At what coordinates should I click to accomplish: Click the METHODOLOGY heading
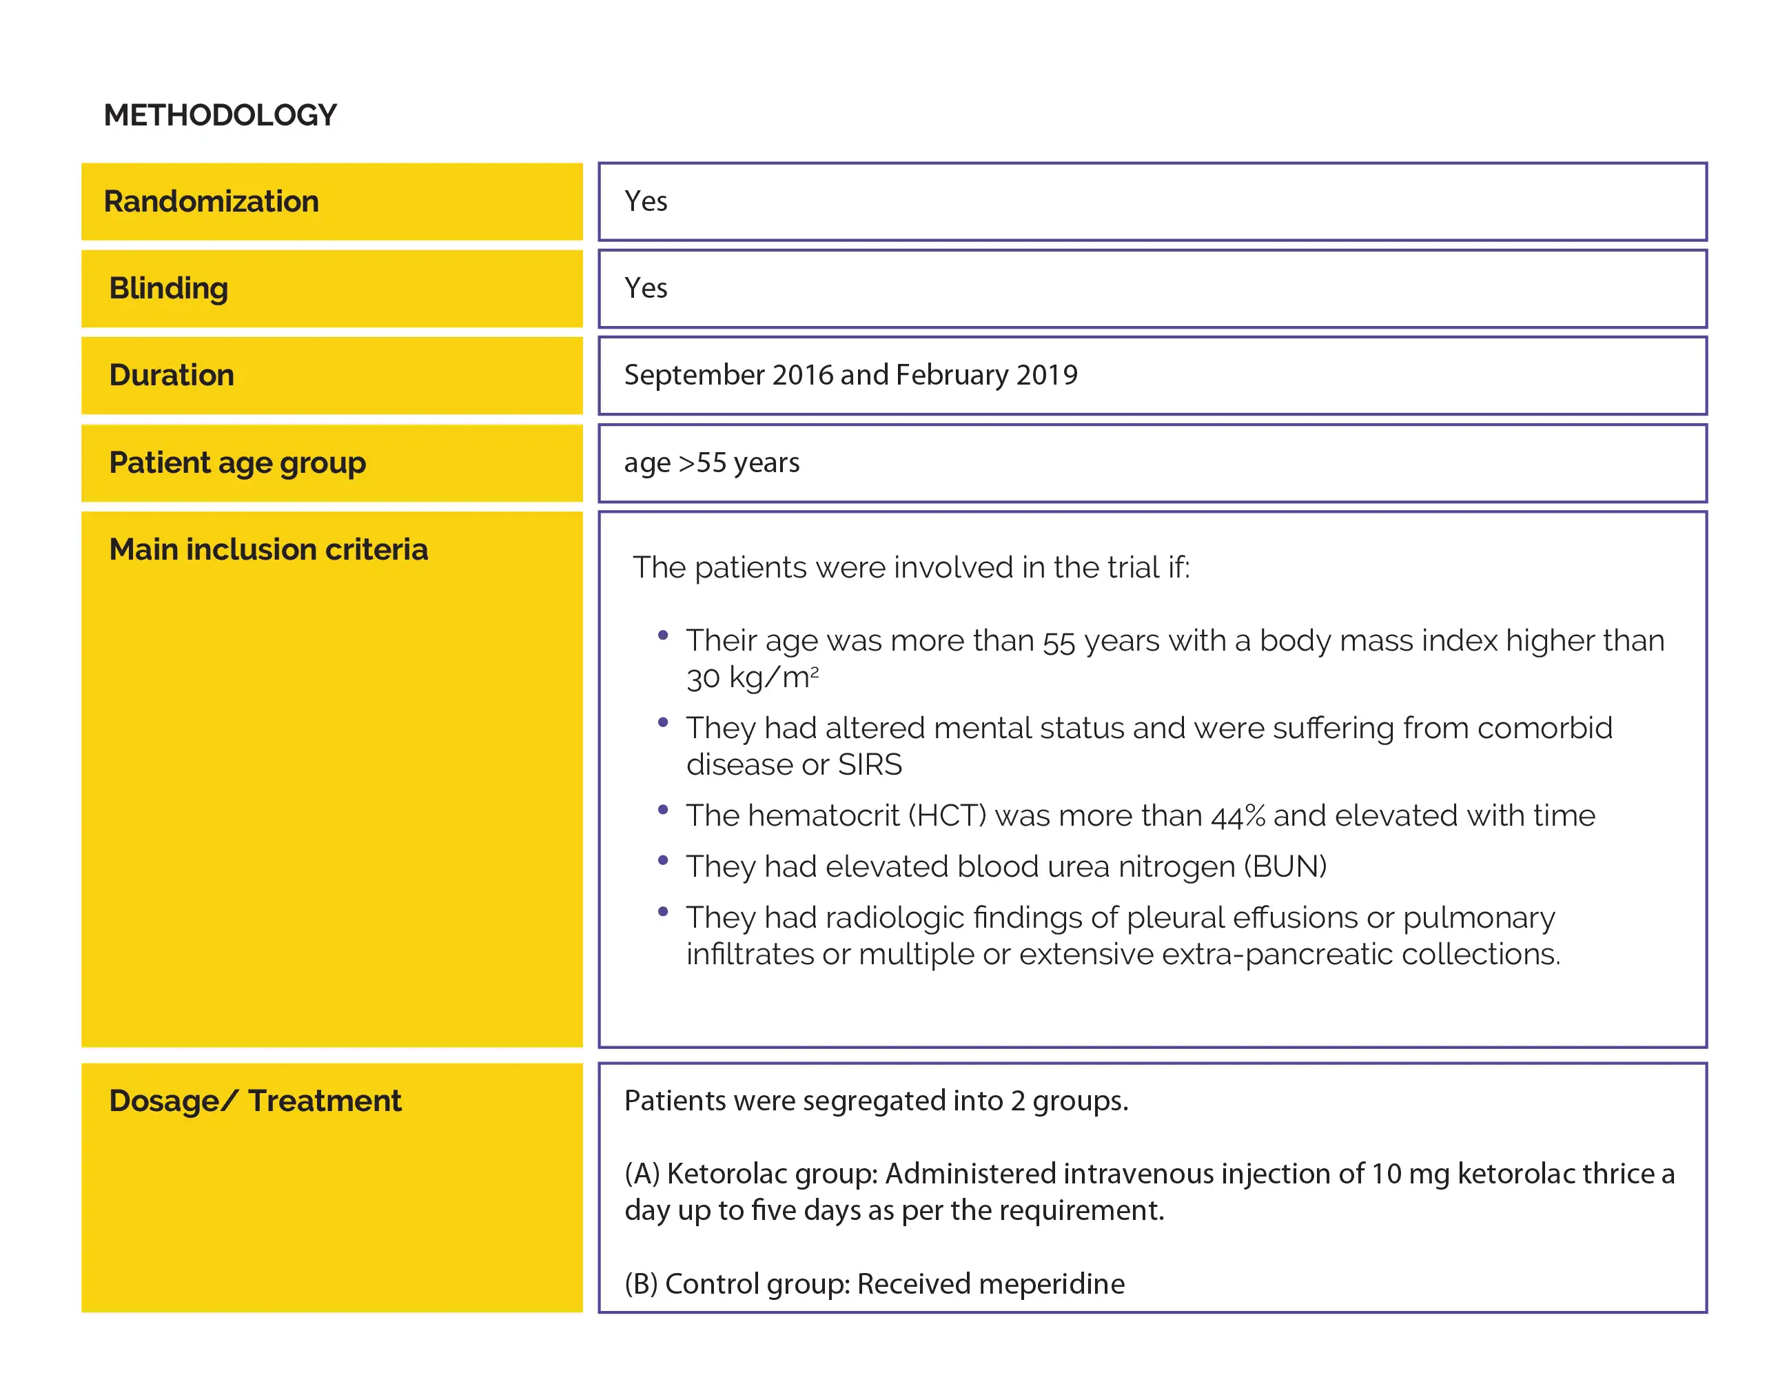[220, 115]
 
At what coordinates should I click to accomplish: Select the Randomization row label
[211, 201]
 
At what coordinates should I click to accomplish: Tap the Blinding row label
[169, 288]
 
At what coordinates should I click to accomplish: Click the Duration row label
[172, 376]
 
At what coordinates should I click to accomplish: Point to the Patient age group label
[237, 462]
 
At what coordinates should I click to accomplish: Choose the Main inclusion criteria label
[268, 549]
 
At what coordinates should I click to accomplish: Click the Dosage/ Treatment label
[255, 1101]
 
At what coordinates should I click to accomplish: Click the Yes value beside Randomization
[646, 201]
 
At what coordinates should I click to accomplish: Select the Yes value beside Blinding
[646, 288]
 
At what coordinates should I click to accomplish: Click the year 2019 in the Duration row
[1047, 376]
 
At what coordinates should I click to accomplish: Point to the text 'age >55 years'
[711, 462]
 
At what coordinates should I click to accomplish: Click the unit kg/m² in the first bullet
[773, 678]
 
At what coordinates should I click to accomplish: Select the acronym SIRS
[870, 764]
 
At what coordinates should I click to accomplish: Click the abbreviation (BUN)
[1285, 866]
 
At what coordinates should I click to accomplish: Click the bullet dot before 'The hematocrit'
[663, 809]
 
